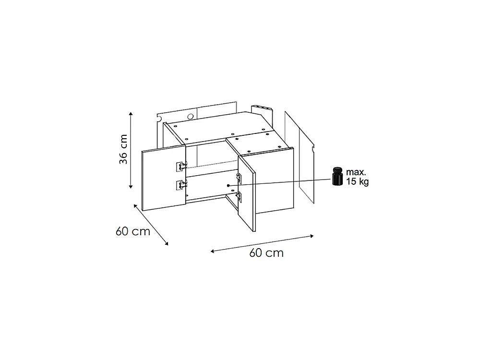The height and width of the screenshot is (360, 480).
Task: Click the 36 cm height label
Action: [123, 149]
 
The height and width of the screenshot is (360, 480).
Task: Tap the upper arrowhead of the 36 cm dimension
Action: [131, 114]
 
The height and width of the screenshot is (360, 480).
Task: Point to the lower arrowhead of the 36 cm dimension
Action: [131, 186]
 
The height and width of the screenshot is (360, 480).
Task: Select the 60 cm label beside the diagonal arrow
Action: [133, 231]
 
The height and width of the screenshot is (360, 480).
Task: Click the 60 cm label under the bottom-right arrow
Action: [266, 253]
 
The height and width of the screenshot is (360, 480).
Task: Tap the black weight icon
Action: [337, 176]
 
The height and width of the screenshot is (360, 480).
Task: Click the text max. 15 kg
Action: [357, 177]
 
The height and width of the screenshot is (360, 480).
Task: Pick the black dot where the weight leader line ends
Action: [228, 185]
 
